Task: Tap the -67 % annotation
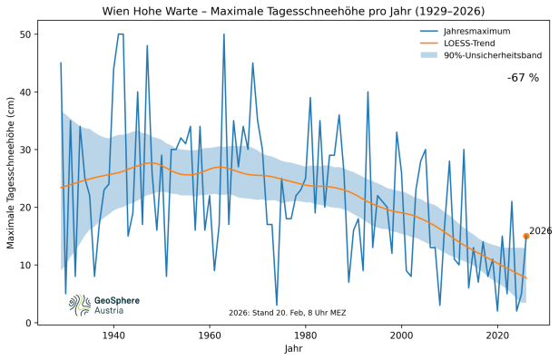(523, 78)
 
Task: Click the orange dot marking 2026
(526, 236)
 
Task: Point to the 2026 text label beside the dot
(541, 231)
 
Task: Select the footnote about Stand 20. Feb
(288, 313)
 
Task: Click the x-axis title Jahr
(293, 349)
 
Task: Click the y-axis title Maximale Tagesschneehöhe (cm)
(12, 172)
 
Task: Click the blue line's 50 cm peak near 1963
(224, 35)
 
